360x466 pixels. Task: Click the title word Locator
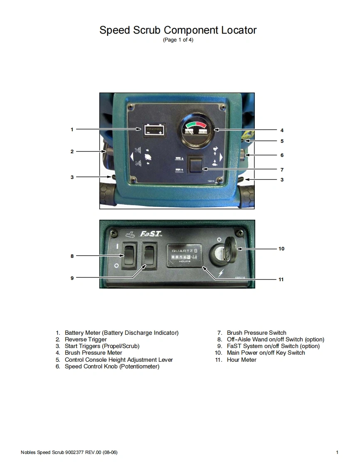(x=237, y=30)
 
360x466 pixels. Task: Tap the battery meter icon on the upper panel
(x=154, y=130)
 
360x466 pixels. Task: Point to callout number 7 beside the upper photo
(x=282, y=170)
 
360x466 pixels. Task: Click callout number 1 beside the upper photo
(x=72, y=130)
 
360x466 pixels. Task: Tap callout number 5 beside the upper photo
(x=282, y=141)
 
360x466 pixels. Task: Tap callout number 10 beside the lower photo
(x=281, y=249)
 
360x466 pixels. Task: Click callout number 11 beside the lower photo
(x=281, y=280)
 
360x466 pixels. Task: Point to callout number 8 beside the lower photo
(x=72, y=256)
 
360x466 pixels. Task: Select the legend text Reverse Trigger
(x=86, y=339)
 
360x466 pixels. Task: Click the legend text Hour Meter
(x=242, y=360)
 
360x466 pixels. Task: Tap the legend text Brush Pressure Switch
(x=256, y=333)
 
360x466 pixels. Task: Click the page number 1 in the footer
(x=337, y=452)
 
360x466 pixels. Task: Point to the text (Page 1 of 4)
(x=178, y=40)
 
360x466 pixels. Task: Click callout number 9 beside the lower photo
(x=72, y=278)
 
